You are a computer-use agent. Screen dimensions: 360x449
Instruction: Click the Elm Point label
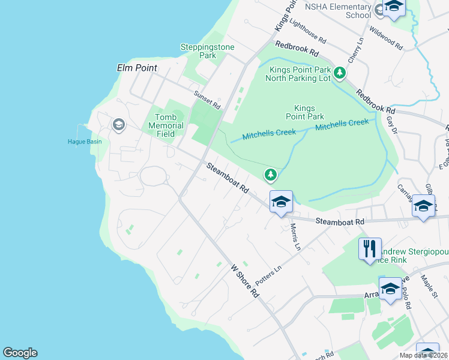click(137, 68)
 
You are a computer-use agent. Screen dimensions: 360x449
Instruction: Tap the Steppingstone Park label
click(207, 51)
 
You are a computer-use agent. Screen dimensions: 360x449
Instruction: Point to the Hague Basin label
click(84, 142)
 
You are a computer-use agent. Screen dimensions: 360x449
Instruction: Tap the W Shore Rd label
click(245, 281)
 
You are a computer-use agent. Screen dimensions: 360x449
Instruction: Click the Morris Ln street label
click(294, 237)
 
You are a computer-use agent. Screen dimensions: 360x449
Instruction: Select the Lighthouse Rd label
click(307, 31)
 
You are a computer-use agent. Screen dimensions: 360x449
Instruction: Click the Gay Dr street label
click(393, 124)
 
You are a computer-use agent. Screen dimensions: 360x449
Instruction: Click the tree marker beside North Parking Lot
click(340, 73)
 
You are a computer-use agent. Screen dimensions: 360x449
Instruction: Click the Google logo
click(20, 353)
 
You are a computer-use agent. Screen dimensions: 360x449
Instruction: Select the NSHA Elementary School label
click(337, 11)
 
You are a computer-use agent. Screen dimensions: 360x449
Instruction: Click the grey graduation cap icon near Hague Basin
click(118, 124)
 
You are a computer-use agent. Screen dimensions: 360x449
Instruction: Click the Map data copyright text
click(423, 355)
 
